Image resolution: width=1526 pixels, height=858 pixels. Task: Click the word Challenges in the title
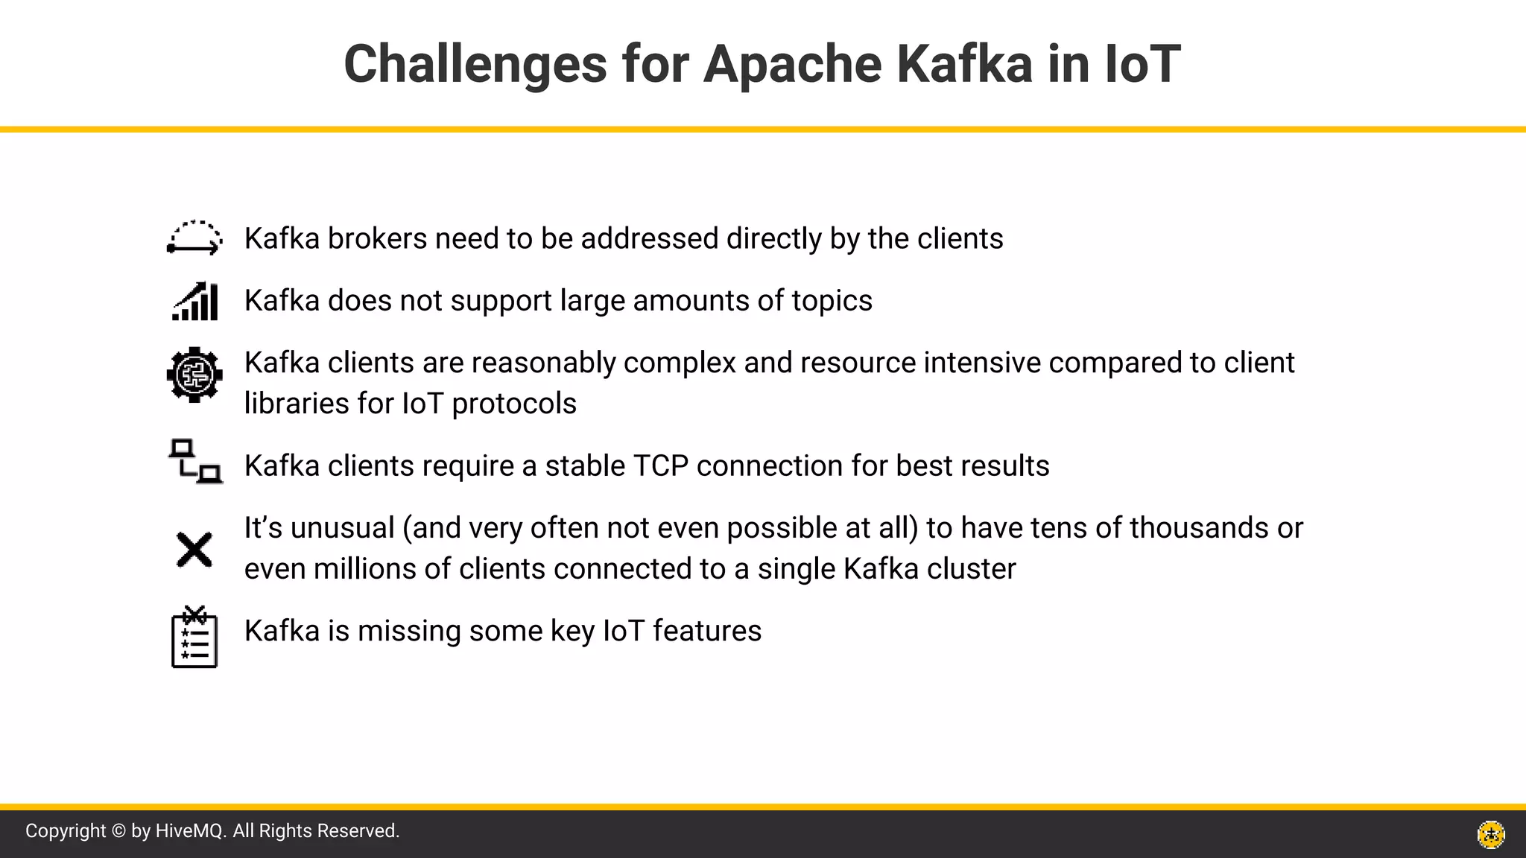pyautogui.click(x=475, y=64)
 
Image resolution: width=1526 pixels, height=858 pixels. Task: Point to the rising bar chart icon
pyautogui.click(x=195, y=301)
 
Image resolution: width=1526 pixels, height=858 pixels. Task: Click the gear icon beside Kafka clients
pyautogui.click(x=194, y=375)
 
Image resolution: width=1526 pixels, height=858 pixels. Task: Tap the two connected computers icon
pyautogui.click(x=195, y=462)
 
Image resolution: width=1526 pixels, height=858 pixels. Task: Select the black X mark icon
pyautogui.click(x=194, y=550)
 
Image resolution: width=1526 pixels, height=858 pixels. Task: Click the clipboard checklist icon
pyautogui.click(x=194, y=637)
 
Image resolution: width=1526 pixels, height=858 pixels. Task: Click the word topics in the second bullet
pyautogui.click(x=832, y=301)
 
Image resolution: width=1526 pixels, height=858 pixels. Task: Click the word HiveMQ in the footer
pyautogui.click(x=190, y=831)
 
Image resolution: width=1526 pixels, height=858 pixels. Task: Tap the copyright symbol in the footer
pyautogui.click(x=118, y=831)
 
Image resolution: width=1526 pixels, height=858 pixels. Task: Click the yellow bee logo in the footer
pyautogui.click(x=1491, y=834)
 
